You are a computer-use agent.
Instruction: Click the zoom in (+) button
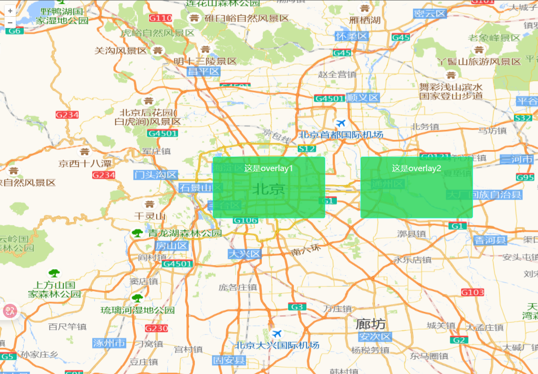pyautogui.click(x=10, y=11)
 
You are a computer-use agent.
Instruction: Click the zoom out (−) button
pyautogui.click(x=10, y=22)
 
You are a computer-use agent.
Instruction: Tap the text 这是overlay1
pyautogui.click(x=268, y=168)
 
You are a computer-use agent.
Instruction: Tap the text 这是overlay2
pyautogui.click(x=416, y=168)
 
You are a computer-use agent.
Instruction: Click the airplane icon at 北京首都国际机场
pyautogui.click(x=341, y=123)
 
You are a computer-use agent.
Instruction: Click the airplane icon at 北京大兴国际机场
pyautogui.click(x=277, y=334)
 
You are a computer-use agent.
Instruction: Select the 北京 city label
pyautogui.click(x=268, y=189)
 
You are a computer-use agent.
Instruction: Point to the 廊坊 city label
pyautogui.click(x=370, y=324)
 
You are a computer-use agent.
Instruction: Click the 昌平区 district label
pyautogui.click(x=203, y=72)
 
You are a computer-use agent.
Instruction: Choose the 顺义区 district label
pyautogui.click(x=363, y=98)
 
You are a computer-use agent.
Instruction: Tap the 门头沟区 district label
pyautogui.click(x=156, y=175)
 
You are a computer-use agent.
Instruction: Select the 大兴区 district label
pyautogui.click(x=244, y=254)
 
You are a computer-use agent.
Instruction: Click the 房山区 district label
pyautogui.click(x=172, y=246)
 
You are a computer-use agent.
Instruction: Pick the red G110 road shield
pyautogui.click(x=160, y=18)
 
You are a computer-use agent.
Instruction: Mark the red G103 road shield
pyautogui.click(x=472, y=292)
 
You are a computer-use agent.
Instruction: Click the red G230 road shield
pyautogui.click(x=156, y=328)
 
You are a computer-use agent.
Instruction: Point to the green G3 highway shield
pyautogui.click(x=297, y=307)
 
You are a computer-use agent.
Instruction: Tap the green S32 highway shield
pyautogui.click(x=523, y=118)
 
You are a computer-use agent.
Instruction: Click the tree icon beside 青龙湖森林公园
pyautogui.click(x=138, y=233)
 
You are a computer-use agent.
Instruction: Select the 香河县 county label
pyautogui.click(x=490, y=240)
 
